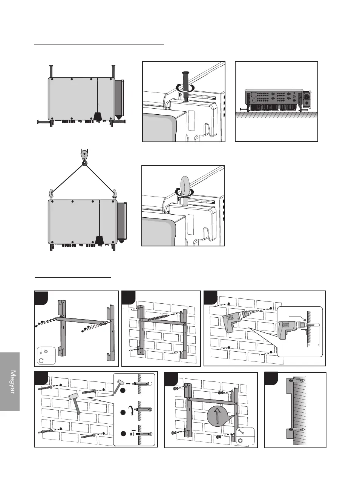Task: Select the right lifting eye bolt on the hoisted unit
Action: point(115,194)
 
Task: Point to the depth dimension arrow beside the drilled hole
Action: point(314,344)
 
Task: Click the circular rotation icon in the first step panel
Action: point(42,360)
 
